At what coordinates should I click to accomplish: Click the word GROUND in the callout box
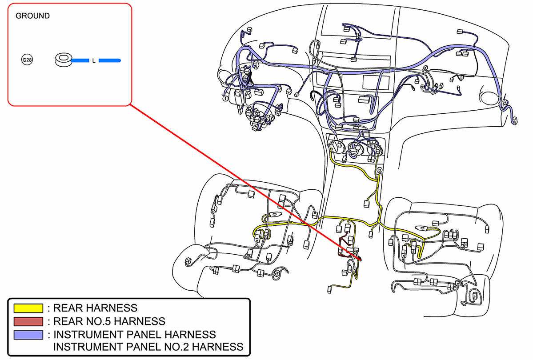(x=32, y=16)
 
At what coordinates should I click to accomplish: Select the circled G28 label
(x=27, y=59)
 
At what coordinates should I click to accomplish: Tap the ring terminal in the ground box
(x=63, y=60)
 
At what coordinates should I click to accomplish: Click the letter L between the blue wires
(x=93, y=60)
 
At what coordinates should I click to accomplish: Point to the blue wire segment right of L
(x=110, y=60)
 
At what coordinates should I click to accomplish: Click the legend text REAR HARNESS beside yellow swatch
(x=95, y=308)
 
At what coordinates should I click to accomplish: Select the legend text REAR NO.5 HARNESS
(x=109, y=321)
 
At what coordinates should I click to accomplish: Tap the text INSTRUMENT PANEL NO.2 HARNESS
(x=148, y=347)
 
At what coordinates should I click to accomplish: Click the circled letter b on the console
(x=379, y=170)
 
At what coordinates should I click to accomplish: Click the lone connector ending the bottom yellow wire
(x=329, y=289)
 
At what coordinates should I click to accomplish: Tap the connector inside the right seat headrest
(x=474, y=294)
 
